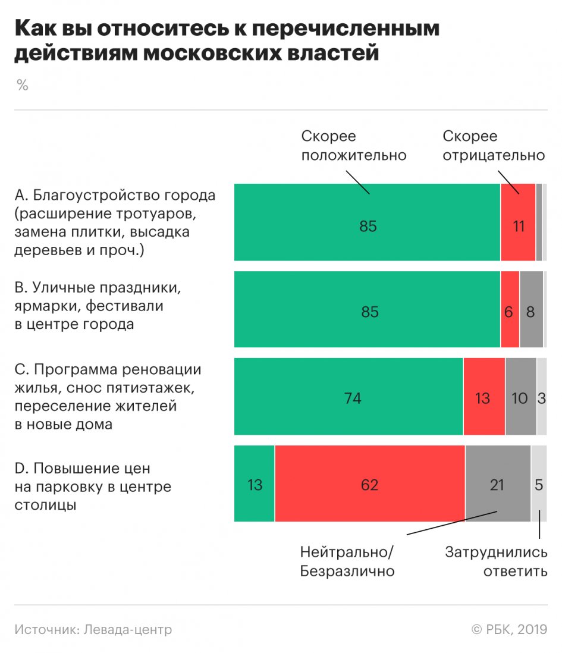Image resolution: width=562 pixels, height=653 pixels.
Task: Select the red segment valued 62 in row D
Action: pyautogui.click(x=369, y=484)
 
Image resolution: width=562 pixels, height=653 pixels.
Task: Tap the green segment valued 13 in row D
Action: pyautogui.click(x=255, y=484)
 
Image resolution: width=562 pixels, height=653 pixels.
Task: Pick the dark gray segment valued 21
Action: pyautogui.click(x=497, y=484)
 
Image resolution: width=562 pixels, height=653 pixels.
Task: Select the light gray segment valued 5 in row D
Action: pyautogui.click(x=539, y=484)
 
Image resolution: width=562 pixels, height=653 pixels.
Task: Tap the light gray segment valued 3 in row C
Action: pyautogui.click(x=542, y=397)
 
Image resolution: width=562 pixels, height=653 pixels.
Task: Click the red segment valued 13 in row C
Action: pyautogui.click(x=484, y=397)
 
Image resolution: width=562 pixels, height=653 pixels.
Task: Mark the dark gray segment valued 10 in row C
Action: pyautogui.click(x=520, y=397)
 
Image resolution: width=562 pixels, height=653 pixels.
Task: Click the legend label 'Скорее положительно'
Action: pyautogui.click(x=353, y=146)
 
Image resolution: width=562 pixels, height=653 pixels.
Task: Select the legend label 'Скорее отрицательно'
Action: pyautogui.click(x=494, y=146)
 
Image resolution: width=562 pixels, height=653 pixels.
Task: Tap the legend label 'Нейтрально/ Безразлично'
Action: pyautogui.click(x=347, y=562)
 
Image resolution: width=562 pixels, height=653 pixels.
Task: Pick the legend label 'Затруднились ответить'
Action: pyautogui.click(x=497, y=562)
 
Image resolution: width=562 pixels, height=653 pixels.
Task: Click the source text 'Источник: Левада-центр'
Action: pyautogui.click(x=93, y=629)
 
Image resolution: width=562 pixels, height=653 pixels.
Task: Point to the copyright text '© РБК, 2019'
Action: pyautogui.click(x=509, y=629)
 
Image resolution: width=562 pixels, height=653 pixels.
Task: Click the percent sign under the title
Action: pyautogui.click(x=23, y=85)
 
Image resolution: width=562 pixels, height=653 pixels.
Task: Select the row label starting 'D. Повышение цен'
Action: pyautogui.click(x=93, y=487)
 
